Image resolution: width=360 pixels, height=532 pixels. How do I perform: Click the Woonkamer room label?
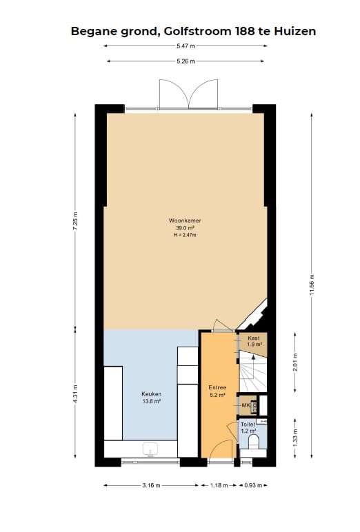pyautogui.click(x=185, y=221)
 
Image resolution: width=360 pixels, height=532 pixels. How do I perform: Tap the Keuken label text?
pyautogui.click(x=151, y=394)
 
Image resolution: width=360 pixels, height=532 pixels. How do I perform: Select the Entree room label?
pyautogui.click(x=217, y=387)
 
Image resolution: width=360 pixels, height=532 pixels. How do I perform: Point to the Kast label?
pyautogui.click(x=254, y=338)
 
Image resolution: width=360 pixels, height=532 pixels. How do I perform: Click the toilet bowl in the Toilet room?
pyautogui.click(x=254, y=442)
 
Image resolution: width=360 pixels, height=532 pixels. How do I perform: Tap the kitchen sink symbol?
pyautogui.click(x=150, y=449)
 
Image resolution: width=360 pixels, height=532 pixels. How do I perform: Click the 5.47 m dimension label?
pyautogui.click(x=186, y=46)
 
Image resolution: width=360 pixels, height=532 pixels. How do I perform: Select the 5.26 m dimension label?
pyautogui.click(x=186, y=61)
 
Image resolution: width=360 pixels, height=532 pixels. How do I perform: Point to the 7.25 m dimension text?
pyautogui.click(x=75, y=221)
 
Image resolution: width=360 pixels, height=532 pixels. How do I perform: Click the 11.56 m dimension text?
pyautogui.click(x=312, y=285)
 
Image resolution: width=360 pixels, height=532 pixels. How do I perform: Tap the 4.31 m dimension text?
pyautogui.click(x=75, y=394)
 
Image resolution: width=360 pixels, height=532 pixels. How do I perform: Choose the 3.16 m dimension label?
pyautogui.click(x=151, y=486)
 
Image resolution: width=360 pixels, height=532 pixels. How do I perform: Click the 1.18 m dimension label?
pyautogui.click(x=219, y=486)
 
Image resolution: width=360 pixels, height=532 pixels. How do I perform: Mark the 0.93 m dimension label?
pyautogui.click(x=253, y=486)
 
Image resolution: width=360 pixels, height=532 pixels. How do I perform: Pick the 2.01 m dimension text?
pyautogui.click(x=295, y=362)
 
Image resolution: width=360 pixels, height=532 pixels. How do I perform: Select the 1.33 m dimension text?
pyautogui.click(x=295, y=438)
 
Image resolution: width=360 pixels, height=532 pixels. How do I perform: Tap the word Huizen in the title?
pyautogui.click(x=295, y=31)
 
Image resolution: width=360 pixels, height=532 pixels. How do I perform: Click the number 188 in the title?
pyautogui.click(x=245, y=31)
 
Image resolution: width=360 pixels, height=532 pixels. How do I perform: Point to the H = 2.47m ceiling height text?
pyautogui.click(x=185, y=235)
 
